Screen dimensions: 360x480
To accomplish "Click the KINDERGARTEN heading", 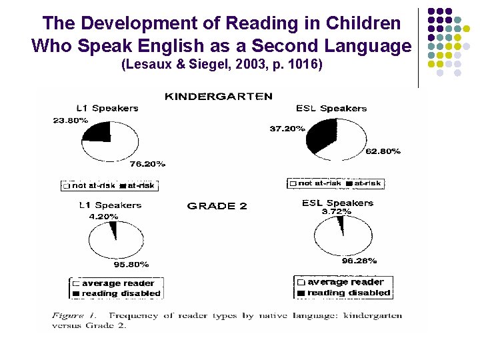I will point(218,96).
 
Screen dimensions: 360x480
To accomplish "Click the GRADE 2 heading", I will point(217,206).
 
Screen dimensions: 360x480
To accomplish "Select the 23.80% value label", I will point(70,120).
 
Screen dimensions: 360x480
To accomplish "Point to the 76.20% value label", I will point(147,163).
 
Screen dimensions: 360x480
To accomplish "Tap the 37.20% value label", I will point(287,129).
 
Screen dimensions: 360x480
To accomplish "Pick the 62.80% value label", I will point(383,151).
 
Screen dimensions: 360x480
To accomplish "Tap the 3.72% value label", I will point(337,211).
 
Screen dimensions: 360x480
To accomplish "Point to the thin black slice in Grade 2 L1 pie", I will point(114,231).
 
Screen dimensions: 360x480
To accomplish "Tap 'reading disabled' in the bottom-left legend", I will point(121,293).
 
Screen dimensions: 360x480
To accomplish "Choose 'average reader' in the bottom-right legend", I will point(345,282).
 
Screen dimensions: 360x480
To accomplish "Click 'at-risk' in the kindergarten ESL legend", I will point(367,183).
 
